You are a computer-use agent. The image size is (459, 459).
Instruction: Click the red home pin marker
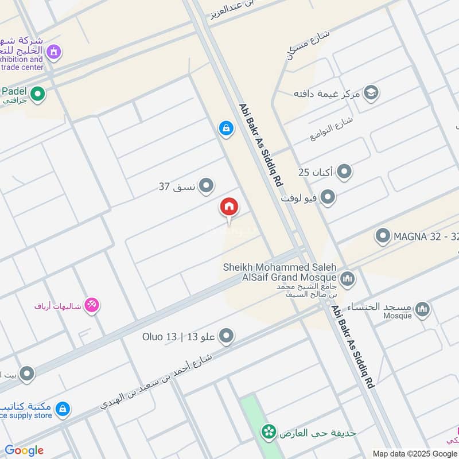coord(229,207)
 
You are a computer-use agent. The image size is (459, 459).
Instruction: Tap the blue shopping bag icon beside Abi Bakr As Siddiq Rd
coord(226,129)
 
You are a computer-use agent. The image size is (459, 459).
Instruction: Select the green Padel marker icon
coord(38,94)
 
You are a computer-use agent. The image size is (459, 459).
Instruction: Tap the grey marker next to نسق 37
coord(207,186)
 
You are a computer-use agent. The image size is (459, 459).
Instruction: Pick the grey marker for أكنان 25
coord(344,172)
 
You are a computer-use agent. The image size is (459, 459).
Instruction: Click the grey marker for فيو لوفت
coord(328,199)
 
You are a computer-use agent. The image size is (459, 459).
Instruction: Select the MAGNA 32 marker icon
coord(383,236)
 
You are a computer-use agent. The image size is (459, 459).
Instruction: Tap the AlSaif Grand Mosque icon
coord(347,279)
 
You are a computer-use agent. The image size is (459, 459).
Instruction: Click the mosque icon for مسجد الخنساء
coord(422,310)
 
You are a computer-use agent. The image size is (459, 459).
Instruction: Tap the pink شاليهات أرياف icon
coord(92,305)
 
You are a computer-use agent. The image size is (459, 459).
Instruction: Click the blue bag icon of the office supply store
coord(63,409)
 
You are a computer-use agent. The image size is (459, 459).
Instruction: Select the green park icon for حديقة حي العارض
coord(267,432)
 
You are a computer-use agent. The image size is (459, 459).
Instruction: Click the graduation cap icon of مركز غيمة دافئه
coord(371,93)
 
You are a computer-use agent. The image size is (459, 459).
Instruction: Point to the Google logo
coord(24,450)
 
